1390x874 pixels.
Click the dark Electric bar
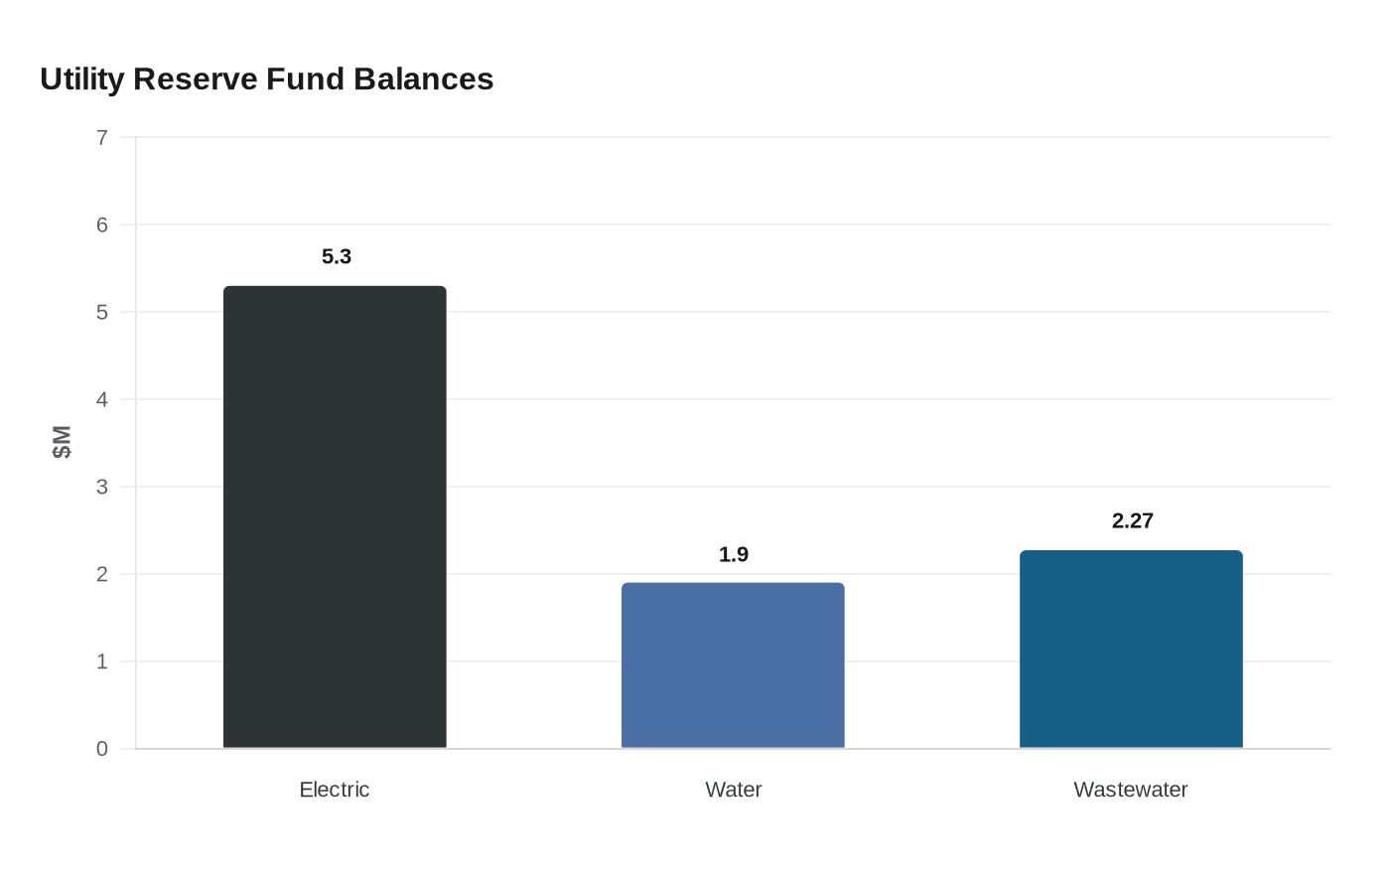point(335,516)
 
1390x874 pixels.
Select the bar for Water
point(733,665)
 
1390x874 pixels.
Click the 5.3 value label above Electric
point(337,257)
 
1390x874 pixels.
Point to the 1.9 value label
point(734,555)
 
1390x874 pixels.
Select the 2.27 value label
point(1132,521)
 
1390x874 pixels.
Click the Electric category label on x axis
point(335,790)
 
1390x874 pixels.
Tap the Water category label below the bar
point(734,790)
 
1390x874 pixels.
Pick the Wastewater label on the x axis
point(1131,790)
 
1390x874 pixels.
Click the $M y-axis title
point(62,442)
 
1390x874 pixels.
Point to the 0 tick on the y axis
point(102,749)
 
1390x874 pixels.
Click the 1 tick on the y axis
point(102,661)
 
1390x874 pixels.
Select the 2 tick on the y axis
point(102,574)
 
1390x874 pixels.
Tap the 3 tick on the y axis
point(102,487)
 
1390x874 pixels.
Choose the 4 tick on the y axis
point(102,399)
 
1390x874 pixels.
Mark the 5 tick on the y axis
point(102,312)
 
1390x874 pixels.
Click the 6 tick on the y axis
point(102,224)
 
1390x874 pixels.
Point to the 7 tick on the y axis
point(102,137)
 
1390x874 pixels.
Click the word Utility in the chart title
point(81,79)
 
